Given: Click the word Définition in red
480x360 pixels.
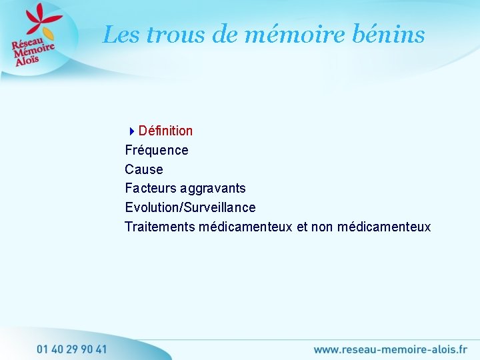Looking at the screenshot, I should coord(165,131).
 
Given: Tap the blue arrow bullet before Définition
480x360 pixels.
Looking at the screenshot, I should coord(132,131).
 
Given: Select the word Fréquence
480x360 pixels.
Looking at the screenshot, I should coord(157,150).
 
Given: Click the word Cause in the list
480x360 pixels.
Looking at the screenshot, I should coord(144,169).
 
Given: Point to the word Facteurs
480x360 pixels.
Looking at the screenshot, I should coord(150,188).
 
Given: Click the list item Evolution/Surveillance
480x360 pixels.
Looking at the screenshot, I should coord(190,207).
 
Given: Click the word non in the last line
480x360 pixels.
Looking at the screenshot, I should coord(323,227).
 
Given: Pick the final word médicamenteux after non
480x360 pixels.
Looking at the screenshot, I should coord(384,227).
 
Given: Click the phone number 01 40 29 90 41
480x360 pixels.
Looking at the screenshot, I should coord(72,348).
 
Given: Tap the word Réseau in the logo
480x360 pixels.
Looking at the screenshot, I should coord(25,41).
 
